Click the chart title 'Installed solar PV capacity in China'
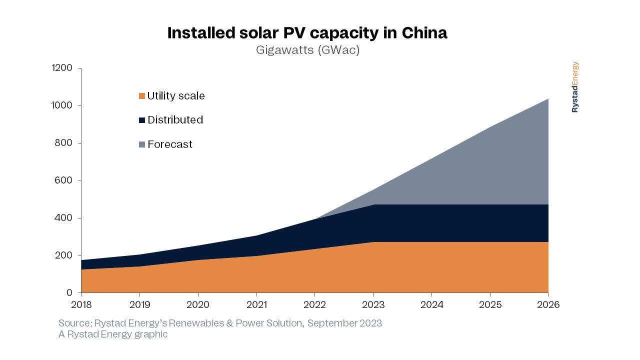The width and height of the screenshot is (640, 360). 307,33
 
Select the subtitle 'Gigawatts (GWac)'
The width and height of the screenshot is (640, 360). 307,50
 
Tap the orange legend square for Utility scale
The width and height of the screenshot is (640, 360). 142,96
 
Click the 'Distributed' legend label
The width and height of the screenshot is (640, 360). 175,120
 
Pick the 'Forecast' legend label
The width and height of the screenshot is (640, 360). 169,144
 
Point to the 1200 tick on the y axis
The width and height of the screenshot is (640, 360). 62,68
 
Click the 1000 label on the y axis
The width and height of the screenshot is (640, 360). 62,105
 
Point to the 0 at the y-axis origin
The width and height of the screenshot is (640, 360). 69,293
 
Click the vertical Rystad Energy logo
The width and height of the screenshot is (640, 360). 575,87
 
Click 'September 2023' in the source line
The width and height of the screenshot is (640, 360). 344,323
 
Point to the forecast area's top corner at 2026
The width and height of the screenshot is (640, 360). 547,99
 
